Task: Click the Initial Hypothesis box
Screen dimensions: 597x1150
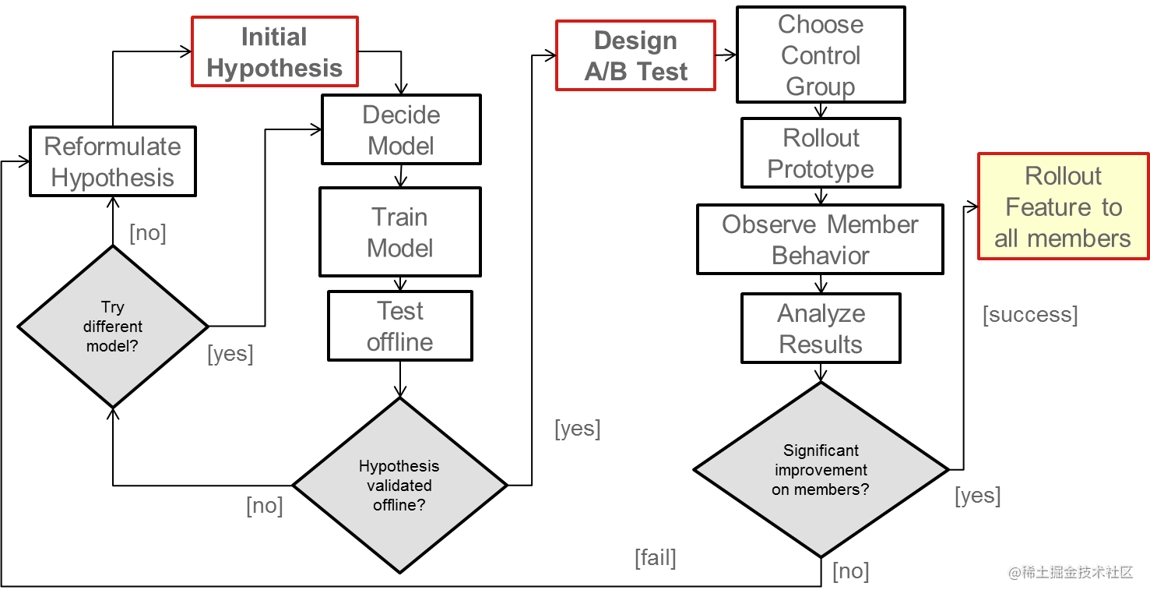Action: click(x=274, y=52)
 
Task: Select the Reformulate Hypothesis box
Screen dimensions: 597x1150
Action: click(x=112, y=161)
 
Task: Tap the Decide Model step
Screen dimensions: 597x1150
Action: click(x=401, y=129)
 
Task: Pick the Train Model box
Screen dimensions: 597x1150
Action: click(x=400, y=232)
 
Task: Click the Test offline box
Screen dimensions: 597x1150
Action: click(x=400, y=326)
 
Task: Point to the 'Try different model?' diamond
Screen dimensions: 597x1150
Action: click(x=113, y=327)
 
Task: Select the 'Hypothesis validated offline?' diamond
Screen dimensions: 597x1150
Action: click(x=399, y=485)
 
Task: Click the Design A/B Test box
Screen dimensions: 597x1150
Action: click(x=635, y=56)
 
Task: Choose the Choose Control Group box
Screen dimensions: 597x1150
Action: click(x=821, y=55)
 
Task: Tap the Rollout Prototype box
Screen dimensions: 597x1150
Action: click(x=821, y=153)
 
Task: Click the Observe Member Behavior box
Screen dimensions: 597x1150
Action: click(x=820, y=239)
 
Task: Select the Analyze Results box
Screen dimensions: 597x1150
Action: click(x=821, y=328)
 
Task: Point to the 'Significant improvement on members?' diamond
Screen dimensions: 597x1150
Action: click(x=821, y=470)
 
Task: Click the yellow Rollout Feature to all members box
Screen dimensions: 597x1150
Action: click(x=1063, y=207)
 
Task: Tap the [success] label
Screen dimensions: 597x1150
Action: click(x=1030, y=314)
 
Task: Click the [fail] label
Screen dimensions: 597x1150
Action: click(x=655, y=557)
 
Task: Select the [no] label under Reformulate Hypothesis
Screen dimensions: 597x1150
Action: click(x=147, y=232)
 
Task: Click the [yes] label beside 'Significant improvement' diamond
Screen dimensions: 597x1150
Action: click(x=977, y=496)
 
